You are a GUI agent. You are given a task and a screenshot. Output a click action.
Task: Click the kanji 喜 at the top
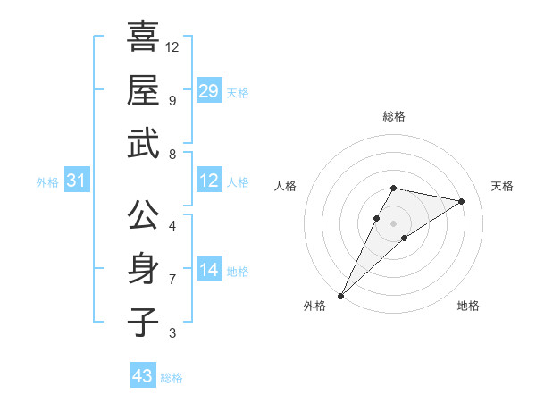click(143, 38)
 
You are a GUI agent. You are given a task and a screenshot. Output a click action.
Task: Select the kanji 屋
click(143, 90)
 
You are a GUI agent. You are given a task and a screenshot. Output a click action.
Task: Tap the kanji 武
click(143, 143)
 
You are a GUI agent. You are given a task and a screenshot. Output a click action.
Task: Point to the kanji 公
click(143, 215)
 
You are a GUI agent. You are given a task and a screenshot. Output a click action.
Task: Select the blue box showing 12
click(209, 181)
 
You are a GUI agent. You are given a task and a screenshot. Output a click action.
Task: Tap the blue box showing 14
click(209, 270)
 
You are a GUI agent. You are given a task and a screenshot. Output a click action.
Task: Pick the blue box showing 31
click(76, 181)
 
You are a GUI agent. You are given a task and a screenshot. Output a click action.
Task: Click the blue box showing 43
click(143, 376)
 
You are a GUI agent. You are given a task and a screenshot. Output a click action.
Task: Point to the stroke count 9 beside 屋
click(172, 100)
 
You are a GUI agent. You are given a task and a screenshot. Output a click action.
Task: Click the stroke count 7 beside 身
click(172, 279)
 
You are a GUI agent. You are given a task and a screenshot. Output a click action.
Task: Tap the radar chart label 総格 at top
click(393, 116)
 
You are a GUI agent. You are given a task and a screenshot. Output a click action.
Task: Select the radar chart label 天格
click(503, 186)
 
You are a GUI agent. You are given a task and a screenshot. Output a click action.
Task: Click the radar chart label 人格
click(285, 186)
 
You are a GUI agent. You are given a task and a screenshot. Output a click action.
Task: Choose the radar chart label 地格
click(468, 306)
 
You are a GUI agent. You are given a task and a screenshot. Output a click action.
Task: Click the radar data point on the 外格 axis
click(340, 295)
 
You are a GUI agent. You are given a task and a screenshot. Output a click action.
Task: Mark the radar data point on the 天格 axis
click(462, 201)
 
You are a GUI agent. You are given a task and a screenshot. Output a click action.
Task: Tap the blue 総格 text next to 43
click(172, 378)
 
